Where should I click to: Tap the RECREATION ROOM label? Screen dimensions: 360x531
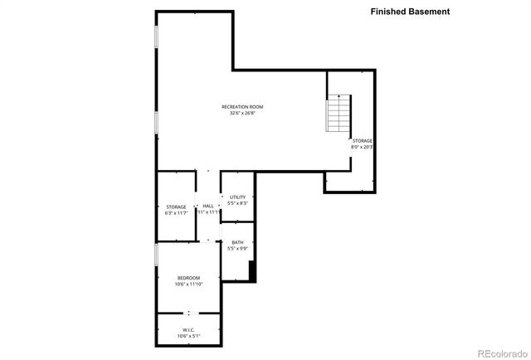[x=242, y=106]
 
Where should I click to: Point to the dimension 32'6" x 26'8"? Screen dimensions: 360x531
[x=242, y=114]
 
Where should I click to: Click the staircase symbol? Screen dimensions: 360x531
[x=339, y=114]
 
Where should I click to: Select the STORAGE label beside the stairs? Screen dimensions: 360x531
[x=362, y=141]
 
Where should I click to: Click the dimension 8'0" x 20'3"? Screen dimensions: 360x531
[x=362, y=148]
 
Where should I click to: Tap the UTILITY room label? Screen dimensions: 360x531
[x=238, y=197]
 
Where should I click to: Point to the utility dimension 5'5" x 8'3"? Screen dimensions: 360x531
[x=238, y=203]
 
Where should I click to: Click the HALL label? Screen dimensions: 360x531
[x=208, y=206]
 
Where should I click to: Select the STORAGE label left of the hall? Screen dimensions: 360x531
[x=176, y=207]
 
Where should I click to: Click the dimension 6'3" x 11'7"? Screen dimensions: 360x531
[x=176, y=213]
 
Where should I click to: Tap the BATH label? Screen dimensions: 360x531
[x=237, y=242]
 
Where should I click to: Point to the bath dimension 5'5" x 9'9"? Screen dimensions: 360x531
[x=237, y=249]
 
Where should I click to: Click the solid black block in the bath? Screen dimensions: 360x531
[x=252, y=270]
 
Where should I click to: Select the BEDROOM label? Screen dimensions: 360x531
[x=188, y=278]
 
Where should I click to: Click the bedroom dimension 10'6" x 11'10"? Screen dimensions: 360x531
[x=188, y=285]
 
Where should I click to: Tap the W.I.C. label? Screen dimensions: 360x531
[x=188, y=330]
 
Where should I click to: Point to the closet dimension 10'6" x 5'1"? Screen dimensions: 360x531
[x=188, y=337]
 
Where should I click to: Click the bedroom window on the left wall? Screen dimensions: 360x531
[x=156, y=255]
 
